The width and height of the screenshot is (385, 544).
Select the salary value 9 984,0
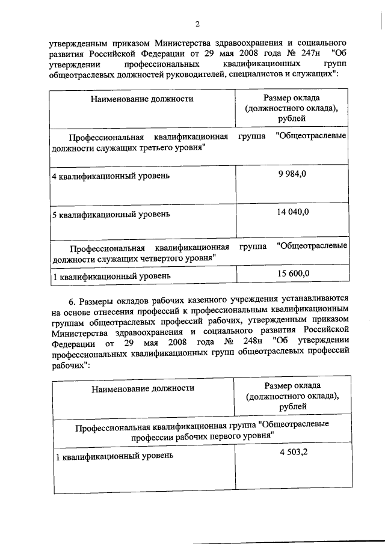pyautogui.click(x=292, y=174)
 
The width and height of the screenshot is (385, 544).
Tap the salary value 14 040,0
pyautogui.click(x=292, y=212)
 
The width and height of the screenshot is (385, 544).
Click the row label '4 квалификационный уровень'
pyautogui.click(x=111, y=176)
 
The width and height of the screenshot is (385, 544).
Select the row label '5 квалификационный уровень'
pyautogui.click(x=111, y=214)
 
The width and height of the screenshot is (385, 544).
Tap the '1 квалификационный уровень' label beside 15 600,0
pyautogui.click(x=111, y=276)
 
